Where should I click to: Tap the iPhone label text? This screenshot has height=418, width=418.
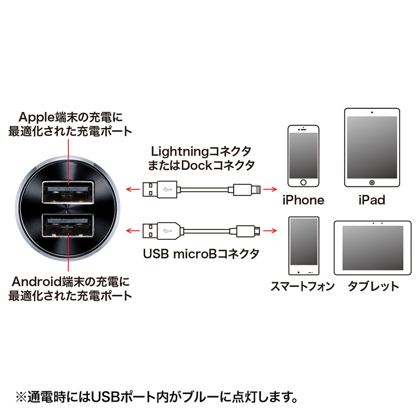point(304,200)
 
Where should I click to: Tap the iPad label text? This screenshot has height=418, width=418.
point(372,200)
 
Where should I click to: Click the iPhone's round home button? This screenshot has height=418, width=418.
point(304,182)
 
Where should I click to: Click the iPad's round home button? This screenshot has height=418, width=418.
point(372,183)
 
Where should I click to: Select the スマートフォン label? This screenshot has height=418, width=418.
point(303,286)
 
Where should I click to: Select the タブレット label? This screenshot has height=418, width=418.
point(373,286)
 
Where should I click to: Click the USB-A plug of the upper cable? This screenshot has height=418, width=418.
point(152,188)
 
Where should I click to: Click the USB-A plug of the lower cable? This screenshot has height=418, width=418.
point(152,230)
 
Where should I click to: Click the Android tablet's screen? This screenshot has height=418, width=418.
point(371,248)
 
